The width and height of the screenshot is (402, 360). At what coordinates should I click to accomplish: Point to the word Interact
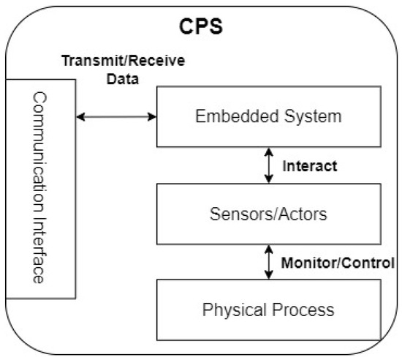tap(310, 166)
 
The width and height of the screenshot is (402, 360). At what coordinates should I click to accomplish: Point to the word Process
tap(300, 309)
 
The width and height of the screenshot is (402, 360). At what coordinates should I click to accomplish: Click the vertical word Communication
tap(39, 143)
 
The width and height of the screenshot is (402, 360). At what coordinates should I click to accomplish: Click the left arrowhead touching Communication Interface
tap(80, 116)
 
